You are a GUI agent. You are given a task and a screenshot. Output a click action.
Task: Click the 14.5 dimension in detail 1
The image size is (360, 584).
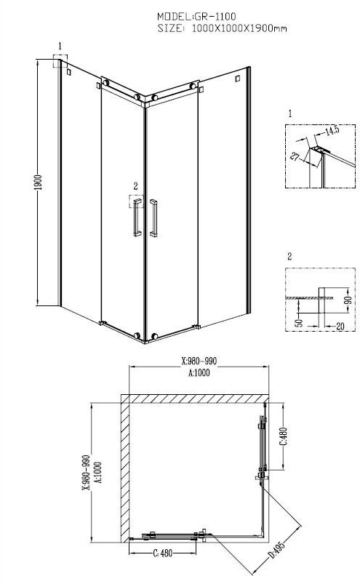point(332,131)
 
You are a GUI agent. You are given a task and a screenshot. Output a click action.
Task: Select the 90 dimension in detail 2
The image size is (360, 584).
point(348,300)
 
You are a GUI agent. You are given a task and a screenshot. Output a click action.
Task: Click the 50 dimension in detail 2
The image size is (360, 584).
point(300,322)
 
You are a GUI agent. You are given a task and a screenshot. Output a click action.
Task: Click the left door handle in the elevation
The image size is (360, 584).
point(135,217)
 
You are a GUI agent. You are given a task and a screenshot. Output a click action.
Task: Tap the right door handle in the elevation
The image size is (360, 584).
point(153,217)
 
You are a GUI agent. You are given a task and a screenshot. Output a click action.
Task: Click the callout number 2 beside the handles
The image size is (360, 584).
point(135,186)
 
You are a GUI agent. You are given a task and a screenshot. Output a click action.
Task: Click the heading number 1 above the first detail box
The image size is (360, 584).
point(289,114)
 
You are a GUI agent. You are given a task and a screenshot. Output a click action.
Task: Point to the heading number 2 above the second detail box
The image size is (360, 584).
point(289,257)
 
